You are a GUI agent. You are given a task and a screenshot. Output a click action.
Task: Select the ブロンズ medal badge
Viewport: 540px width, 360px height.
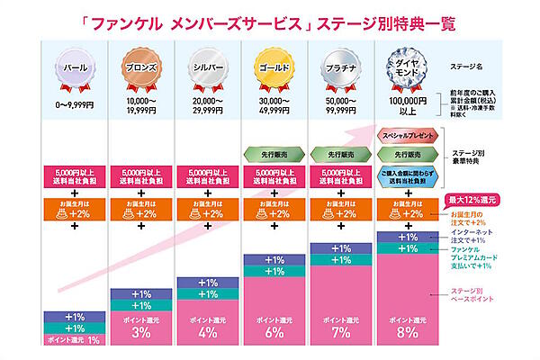tap(141, 68)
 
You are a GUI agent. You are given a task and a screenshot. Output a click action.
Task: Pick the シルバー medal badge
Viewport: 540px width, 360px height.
tap(209, 68)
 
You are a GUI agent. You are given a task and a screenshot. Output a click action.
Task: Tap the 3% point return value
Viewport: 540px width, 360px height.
tap(141, 332)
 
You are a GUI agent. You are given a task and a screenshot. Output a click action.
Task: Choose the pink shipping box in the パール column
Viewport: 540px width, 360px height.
tap(75, 174)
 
